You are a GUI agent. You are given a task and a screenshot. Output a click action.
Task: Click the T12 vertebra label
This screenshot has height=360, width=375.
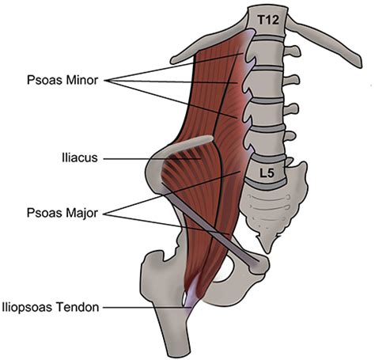point(268,20)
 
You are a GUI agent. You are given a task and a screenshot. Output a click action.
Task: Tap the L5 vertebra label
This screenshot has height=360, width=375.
point(267,173)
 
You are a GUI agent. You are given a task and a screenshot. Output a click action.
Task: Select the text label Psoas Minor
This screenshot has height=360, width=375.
point(62,80)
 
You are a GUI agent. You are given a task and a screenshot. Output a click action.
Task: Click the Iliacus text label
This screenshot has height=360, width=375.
point(80,157)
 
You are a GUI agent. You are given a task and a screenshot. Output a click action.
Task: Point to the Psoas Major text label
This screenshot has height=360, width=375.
point(62,213)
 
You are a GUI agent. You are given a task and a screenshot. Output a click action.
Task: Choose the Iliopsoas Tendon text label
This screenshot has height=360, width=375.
point(51,307)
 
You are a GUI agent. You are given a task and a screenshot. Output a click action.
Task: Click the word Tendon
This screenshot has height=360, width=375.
point(78,307)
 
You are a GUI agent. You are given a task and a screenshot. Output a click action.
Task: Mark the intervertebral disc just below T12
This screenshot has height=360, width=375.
point(268,39)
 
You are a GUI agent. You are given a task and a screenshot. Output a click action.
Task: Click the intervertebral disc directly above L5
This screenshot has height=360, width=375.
point(268,157)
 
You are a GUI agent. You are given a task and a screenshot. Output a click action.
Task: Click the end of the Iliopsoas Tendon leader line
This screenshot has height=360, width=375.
point(191,307)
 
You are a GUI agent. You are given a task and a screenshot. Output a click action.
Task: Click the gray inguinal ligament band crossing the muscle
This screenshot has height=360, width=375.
point(210,224)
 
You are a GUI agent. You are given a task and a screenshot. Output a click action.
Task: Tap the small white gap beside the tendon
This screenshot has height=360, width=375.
point(184,297)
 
